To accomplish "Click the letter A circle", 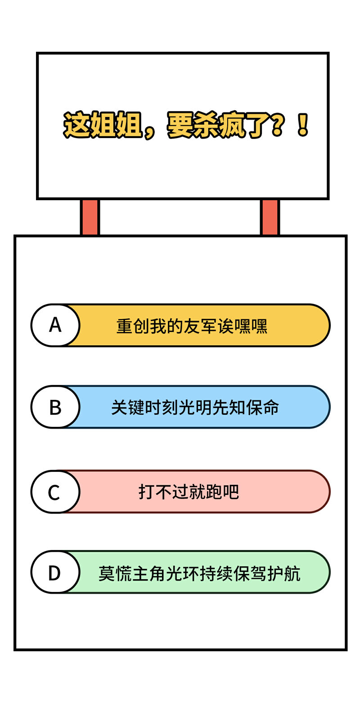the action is [55, 325].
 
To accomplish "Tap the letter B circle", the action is [55, 407].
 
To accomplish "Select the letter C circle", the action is [55, 492].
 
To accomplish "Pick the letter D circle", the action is [55, 572].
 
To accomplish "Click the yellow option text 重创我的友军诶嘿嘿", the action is [192, 326].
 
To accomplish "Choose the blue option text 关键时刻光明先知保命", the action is [195, 407].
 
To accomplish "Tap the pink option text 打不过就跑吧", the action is [189, 492].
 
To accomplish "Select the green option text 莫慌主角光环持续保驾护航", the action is [199, 573].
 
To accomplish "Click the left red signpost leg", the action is [90, 217].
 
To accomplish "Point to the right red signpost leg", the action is [270, 217].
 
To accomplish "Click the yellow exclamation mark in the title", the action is [302, 125].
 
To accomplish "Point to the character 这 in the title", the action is [76, 125].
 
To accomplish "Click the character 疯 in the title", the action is [231, 125].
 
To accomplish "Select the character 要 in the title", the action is [180, 125].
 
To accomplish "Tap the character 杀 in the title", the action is [206, 125].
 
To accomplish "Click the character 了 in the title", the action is [257, 125].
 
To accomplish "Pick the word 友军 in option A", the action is [200, 326].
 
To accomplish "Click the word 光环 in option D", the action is [183, 573].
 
